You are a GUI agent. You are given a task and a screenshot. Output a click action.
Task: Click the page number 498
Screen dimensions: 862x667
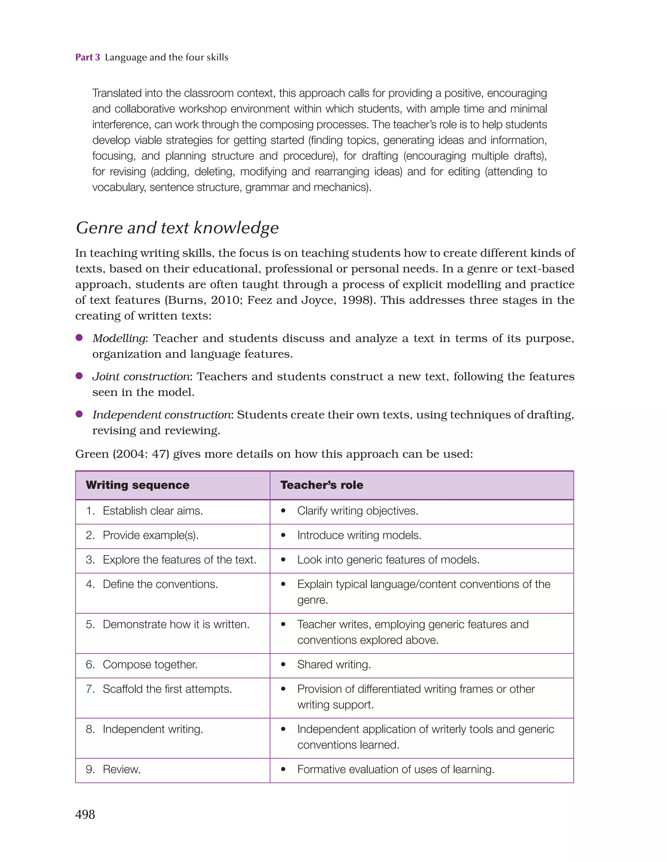pos(85,814)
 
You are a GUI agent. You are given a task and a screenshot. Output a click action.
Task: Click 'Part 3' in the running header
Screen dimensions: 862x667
pos(88,57)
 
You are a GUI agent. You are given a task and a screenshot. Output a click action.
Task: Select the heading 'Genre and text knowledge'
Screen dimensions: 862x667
pos(177,228)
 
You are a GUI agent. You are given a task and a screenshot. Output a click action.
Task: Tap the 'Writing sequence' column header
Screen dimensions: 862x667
pos(137,485)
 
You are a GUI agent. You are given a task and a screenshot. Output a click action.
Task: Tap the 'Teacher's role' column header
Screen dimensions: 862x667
pos(322,485)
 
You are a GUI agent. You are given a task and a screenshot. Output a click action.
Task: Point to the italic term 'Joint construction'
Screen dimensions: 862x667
pos(141,377)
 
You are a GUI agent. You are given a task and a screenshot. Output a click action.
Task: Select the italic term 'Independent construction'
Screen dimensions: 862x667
pos(162,415)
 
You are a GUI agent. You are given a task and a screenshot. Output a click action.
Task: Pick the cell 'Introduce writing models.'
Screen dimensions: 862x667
pos(359,535)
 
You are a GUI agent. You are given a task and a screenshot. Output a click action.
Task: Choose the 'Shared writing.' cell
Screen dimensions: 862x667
pos(334,665)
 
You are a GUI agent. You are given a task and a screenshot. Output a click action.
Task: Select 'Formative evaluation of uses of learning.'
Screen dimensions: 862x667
pos(395,769)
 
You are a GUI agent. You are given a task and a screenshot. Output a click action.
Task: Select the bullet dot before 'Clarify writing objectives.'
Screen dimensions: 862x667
pos(283,511)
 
